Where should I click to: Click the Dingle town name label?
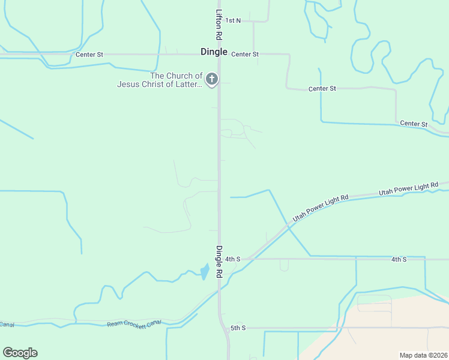point(214,52)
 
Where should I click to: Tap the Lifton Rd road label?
point(219,25)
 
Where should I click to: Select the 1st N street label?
point(234,20)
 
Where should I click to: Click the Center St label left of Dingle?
point(89,55)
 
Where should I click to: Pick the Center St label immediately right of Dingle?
point(245,54)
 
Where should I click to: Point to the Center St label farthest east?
point(414,124)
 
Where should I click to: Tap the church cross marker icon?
point(211,79)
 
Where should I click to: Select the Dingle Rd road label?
point(219,262)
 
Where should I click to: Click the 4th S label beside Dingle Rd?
point(233,259)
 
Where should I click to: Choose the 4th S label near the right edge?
point(399,259)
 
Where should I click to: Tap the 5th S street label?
point(238,328)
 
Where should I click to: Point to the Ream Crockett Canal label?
point(134,324)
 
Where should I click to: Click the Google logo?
point(20,353)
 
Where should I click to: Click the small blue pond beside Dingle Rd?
point(205,272)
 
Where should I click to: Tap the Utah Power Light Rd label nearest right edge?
point(409,190)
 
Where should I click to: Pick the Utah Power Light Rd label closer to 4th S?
point(321,208)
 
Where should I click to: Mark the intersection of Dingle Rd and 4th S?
point(219,259)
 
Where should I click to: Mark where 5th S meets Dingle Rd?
point(224,328)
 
